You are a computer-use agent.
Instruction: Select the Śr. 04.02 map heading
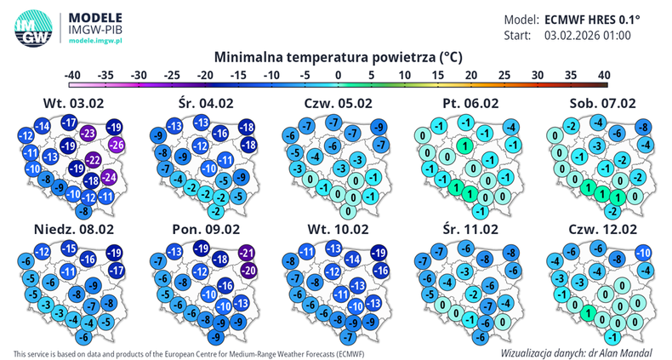[202, 104]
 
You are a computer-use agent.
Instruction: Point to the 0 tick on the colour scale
[339, 74]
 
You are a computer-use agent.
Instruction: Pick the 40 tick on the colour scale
[603, 74]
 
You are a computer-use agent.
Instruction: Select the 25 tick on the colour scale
[504, 74]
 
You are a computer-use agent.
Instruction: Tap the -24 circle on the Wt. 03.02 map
[108, 177]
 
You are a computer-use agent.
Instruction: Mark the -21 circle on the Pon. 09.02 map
[248, 253]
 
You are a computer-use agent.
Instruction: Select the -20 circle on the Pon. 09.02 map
[249, 270]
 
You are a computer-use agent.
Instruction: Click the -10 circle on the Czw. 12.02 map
[644, 252]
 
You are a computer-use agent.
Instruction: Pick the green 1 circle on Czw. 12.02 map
[586, 313]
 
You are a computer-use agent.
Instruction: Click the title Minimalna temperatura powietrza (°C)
[338, 57]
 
